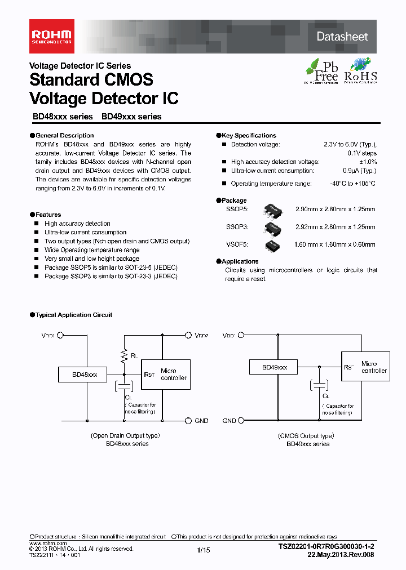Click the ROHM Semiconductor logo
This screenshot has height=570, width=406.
(52, 37)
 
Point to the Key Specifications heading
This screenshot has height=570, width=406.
(249, 136)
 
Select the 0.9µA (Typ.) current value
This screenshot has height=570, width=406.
(360, 171)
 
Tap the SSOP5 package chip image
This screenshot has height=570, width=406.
(273, 210)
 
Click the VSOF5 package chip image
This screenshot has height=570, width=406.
(273, 244)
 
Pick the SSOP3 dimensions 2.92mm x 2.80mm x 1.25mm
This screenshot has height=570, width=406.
(335, 227)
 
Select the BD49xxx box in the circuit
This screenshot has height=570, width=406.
(275, 367)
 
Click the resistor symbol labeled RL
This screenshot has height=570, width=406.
(124, 355)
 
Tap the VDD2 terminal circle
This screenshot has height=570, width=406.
(189, 335)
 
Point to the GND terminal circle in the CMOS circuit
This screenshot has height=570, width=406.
(241, 421)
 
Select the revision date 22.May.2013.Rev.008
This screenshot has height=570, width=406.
(340, 554)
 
